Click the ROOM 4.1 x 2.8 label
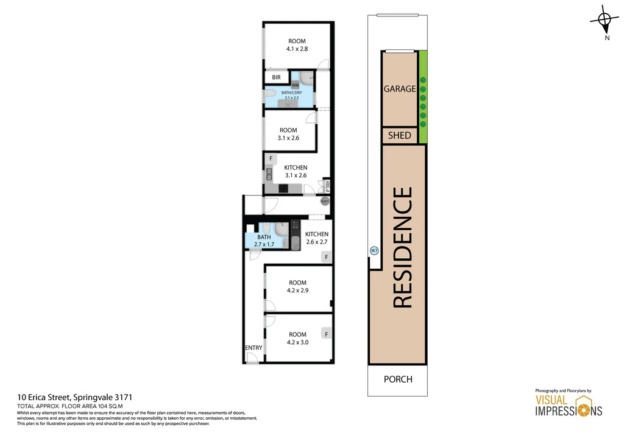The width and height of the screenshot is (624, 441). coord(297,45)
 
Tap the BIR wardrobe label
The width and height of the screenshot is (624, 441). coord(276,77)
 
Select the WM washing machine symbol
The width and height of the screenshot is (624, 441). coord(296,85)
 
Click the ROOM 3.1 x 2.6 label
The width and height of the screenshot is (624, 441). coord(288,134)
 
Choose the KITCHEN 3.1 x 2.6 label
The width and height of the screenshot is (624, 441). coord(296,171)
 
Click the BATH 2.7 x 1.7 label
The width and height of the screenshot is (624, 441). coord(264,241)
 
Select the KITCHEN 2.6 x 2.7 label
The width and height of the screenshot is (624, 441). coord(316,238)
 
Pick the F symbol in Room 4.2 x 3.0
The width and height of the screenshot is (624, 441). coord(327,334)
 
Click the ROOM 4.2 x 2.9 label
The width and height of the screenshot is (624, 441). coord(297,286)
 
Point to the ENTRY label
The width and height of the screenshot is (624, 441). coord(253,348)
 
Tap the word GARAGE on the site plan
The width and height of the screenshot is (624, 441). coord(399,89)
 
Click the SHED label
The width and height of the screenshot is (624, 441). coord(399,136)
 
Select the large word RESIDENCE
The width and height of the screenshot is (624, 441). coord(403,247)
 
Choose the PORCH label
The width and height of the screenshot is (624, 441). coord(398,379)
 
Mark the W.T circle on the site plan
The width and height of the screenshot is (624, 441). coord(374,250)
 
